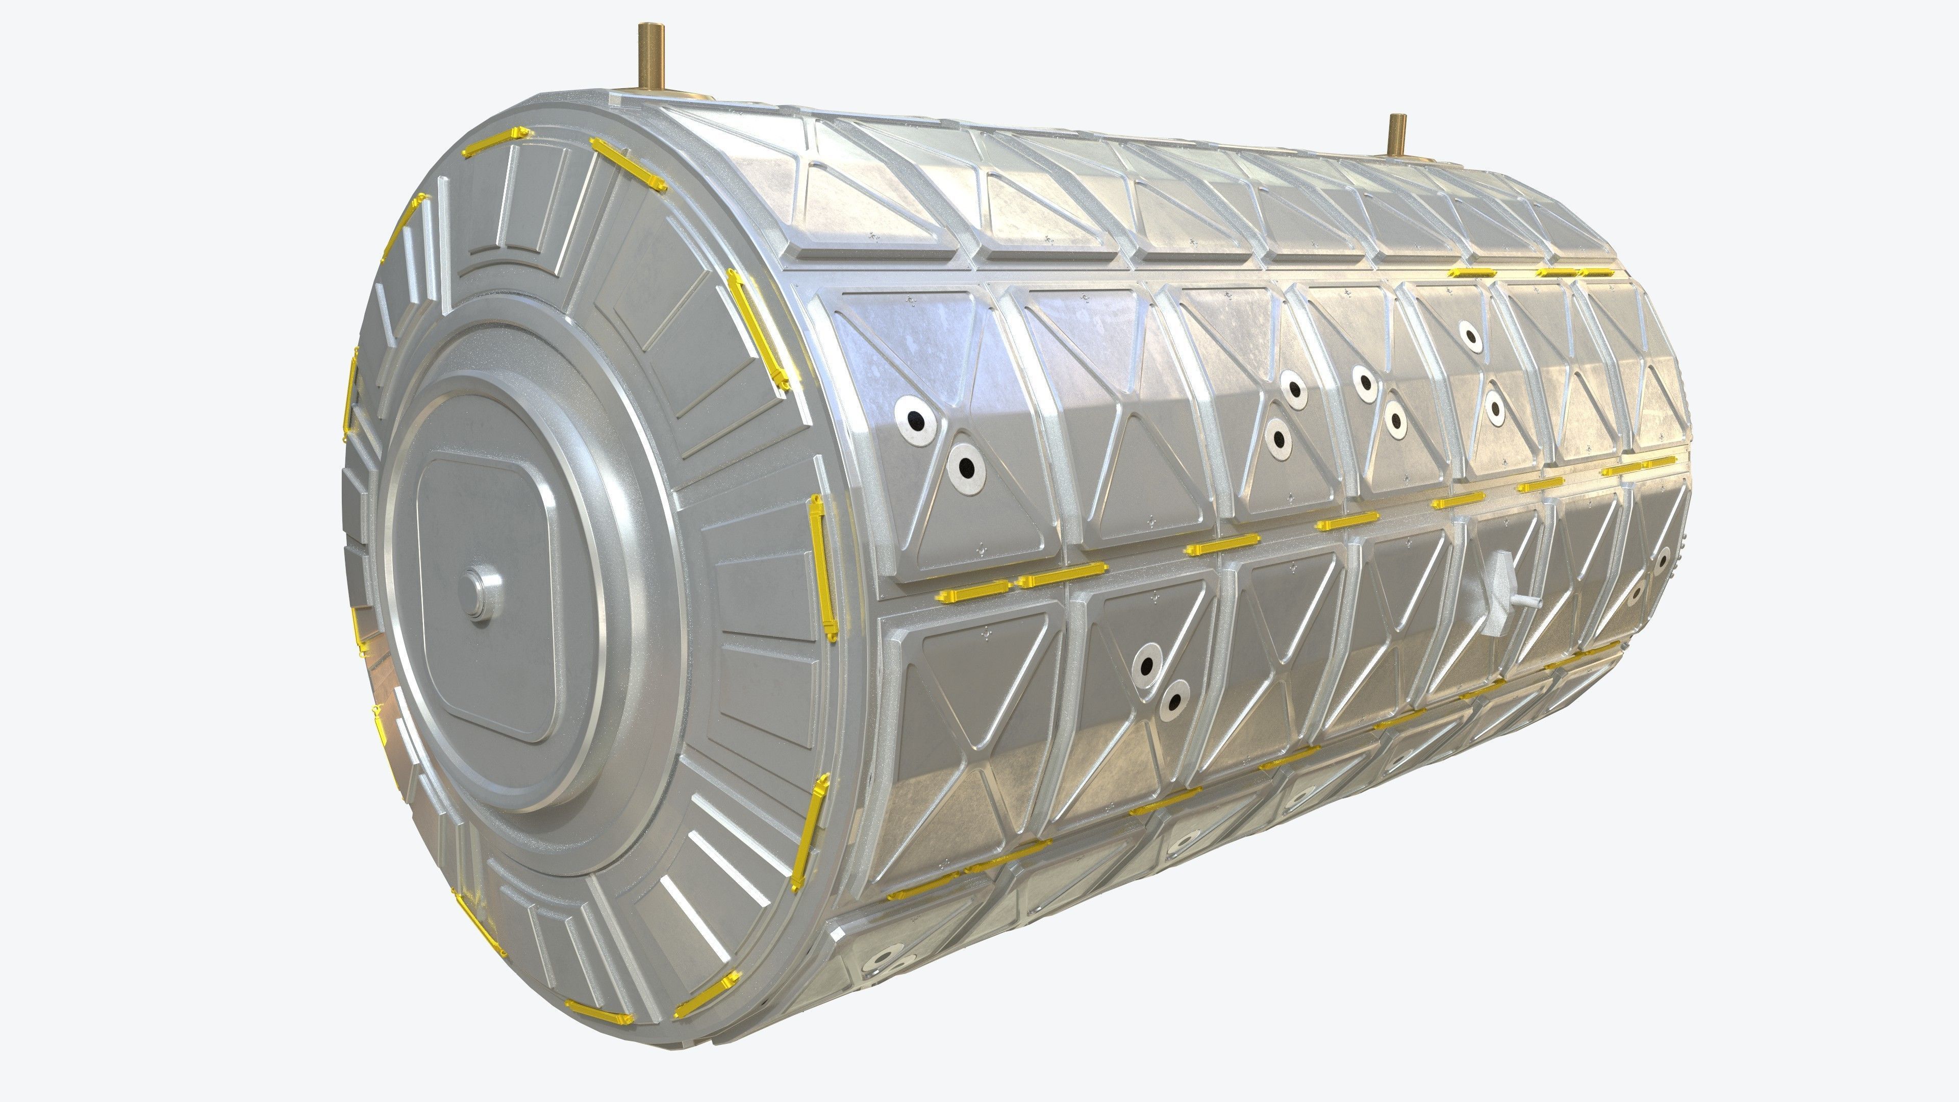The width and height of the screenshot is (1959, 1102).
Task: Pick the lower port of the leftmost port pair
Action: tap(965, 465)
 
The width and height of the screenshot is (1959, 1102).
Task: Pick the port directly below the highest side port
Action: tap(1494, 408)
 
